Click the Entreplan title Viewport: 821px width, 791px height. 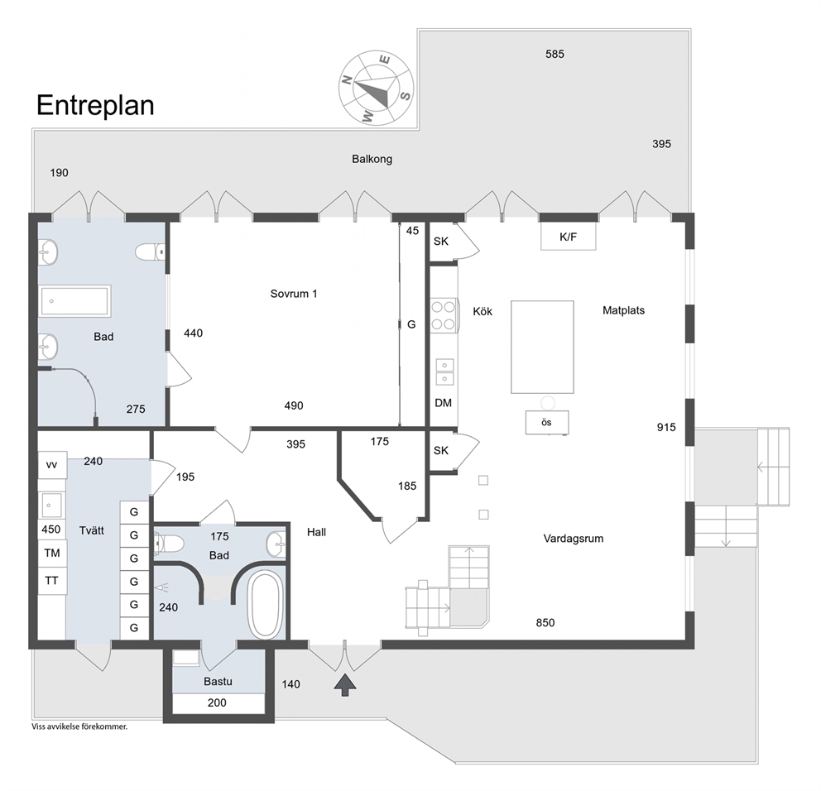pos(95,106)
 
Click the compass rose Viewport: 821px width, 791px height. pos(376,88)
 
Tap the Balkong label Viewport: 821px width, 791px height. pos(372,159)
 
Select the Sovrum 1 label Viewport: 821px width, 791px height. pos(294,294)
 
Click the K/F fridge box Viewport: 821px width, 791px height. pos(568,237)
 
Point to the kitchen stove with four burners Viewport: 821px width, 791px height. pos(444,316)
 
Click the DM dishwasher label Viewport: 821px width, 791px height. pos(444,403)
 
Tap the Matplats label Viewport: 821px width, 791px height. pos(623,310)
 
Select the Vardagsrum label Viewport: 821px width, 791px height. pos(574,539)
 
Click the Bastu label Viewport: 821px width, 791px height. pos(218,682)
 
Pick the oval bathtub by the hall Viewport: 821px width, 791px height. pos(266,605)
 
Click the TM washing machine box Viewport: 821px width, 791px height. pos(52,554)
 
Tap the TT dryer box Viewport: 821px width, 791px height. pos(52,581)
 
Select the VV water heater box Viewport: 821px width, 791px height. pos(52,465)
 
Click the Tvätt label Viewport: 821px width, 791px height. pos(92,531)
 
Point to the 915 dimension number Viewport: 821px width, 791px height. pos(666,427)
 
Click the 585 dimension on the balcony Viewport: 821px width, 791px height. pos(555,54)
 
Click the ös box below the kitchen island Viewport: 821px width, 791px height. pos(546,423)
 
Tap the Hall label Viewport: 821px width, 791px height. pos(317,532)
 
